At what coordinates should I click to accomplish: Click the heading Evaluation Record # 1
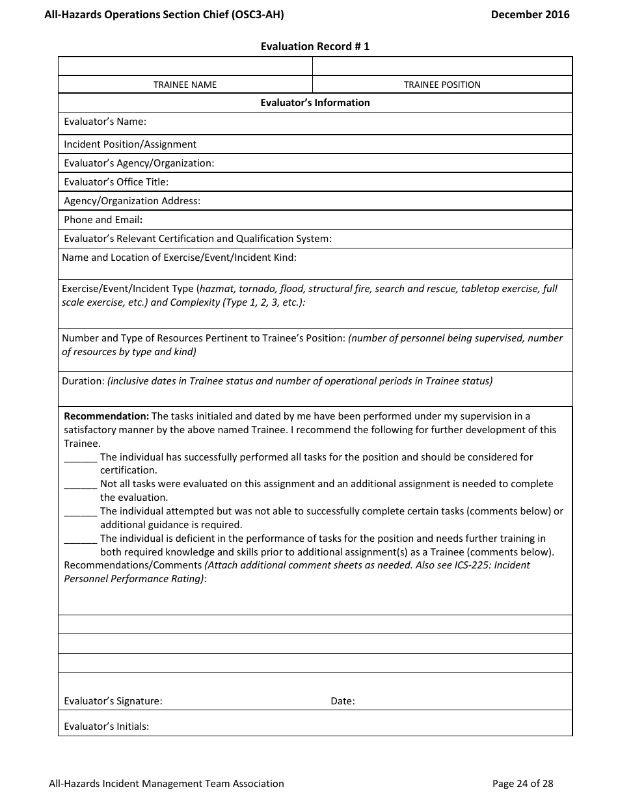pos(315,46)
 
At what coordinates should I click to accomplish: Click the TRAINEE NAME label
pos(185,85)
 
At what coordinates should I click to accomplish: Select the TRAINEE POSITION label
pos(442,85)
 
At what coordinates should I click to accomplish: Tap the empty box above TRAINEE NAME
pos(185,66)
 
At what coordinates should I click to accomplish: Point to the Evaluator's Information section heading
pos(315,103)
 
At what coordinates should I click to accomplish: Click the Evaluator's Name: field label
pos(105,122)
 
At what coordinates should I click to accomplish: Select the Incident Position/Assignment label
pos(130,144)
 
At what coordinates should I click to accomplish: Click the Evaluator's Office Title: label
pos(116,182)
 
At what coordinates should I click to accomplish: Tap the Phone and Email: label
pos(103,220)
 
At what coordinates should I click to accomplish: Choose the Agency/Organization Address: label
pos(132,201)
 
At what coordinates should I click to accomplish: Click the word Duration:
pos(83,381)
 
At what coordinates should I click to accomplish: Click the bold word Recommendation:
pos(106,416)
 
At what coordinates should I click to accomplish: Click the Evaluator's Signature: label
pos(113,701)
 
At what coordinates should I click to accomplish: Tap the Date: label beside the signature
pos(342,701)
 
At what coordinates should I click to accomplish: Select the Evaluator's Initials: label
pos(106,727)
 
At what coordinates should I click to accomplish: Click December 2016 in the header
pos(530,14)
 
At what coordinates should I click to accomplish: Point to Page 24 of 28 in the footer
pos(522,784)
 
